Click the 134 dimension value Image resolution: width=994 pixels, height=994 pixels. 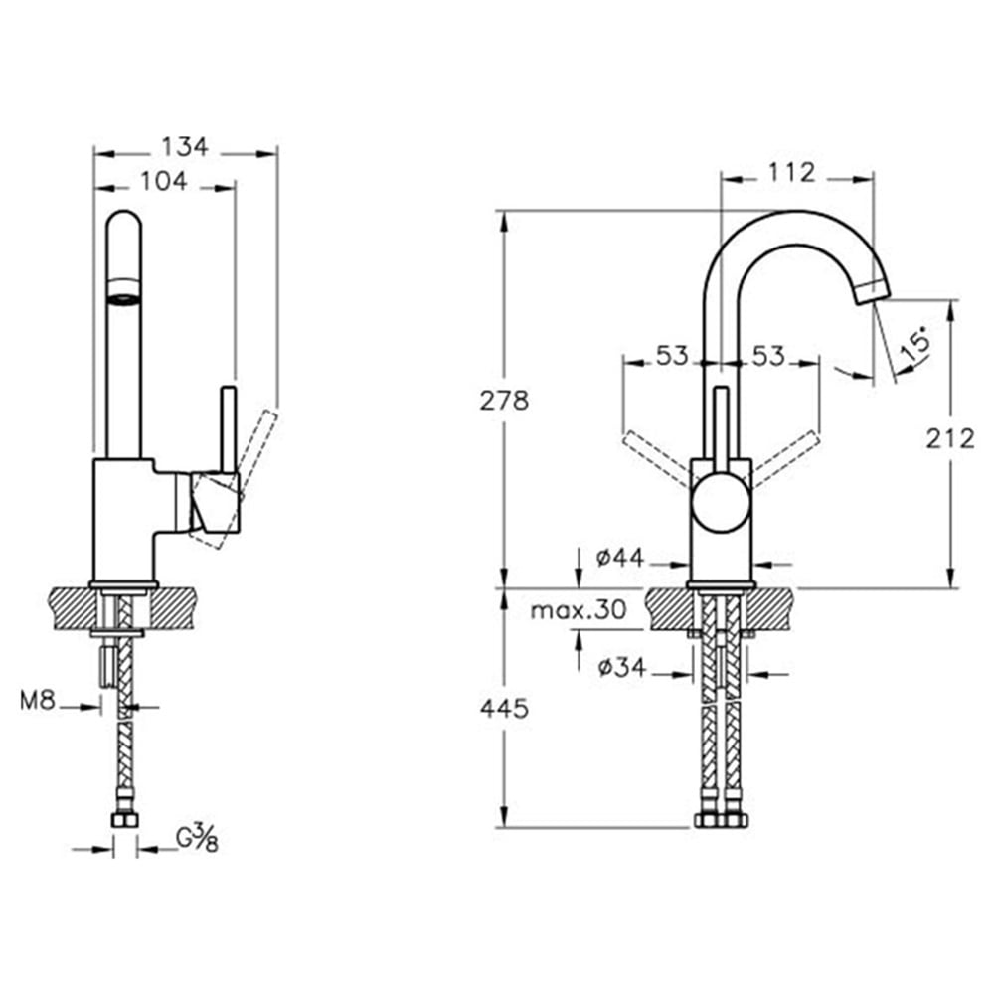pos(185,147)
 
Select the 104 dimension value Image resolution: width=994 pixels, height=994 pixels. pos(165,181)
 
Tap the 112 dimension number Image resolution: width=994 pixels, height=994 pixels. pos(792,173)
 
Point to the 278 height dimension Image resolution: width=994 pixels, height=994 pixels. pos(504,401)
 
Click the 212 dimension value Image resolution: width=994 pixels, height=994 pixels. pos(950,437)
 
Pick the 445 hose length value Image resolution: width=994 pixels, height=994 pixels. pos(504,708)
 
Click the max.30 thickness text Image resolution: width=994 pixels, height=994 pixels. pos(578,610)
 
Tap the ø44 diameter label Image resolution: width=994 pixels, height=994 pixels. pos(621,559)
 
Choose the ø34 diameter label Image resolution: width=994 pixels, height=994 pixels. pos(621,668)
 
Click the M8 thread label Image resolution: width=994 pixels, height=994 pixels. pos(37,702)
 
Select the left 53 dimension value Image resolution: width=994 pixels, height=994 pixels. pos(672,356)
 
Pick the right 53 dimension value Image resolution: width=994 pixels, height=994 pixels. pos(767,356)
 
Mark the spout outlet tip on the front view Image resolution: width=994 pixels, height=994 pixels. pos(874,290)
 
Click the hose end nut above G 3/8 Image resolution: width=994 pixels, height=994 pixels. pos(124,819)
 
